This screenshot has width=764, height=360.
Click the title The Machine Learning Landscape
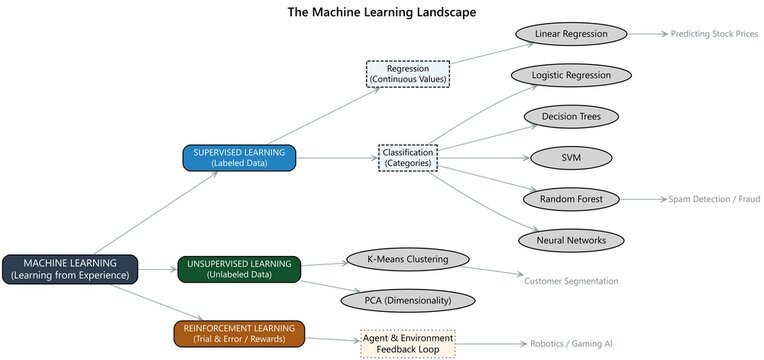381,12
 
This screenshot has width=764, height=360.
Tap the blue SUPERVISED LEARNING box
239,158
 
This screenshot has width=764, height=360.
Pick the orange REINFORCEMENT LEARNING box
239,332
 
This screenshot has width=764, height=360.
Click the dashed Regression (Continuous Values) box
408,74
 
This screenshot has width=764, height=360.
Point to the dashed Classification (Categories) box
408,158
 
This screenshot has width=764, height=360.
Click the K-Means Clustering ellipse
406,260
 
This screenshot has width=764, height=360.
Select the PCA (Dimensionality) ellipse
406,300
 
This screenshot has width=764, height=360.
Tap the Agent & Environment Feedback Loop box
407,343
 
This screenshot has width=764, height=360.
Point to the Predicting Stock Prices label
714,34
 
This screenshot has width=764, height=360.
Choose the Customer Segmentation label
570,280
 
